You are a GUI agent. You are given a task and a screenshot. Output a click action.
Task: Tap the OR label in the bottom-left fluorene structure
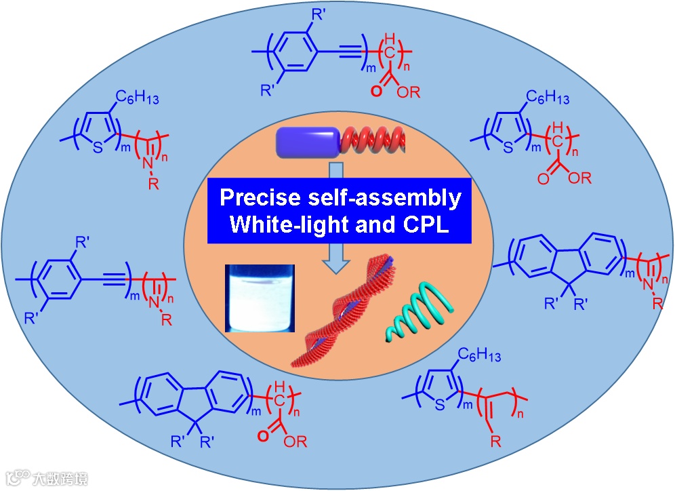coord(295,441)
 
